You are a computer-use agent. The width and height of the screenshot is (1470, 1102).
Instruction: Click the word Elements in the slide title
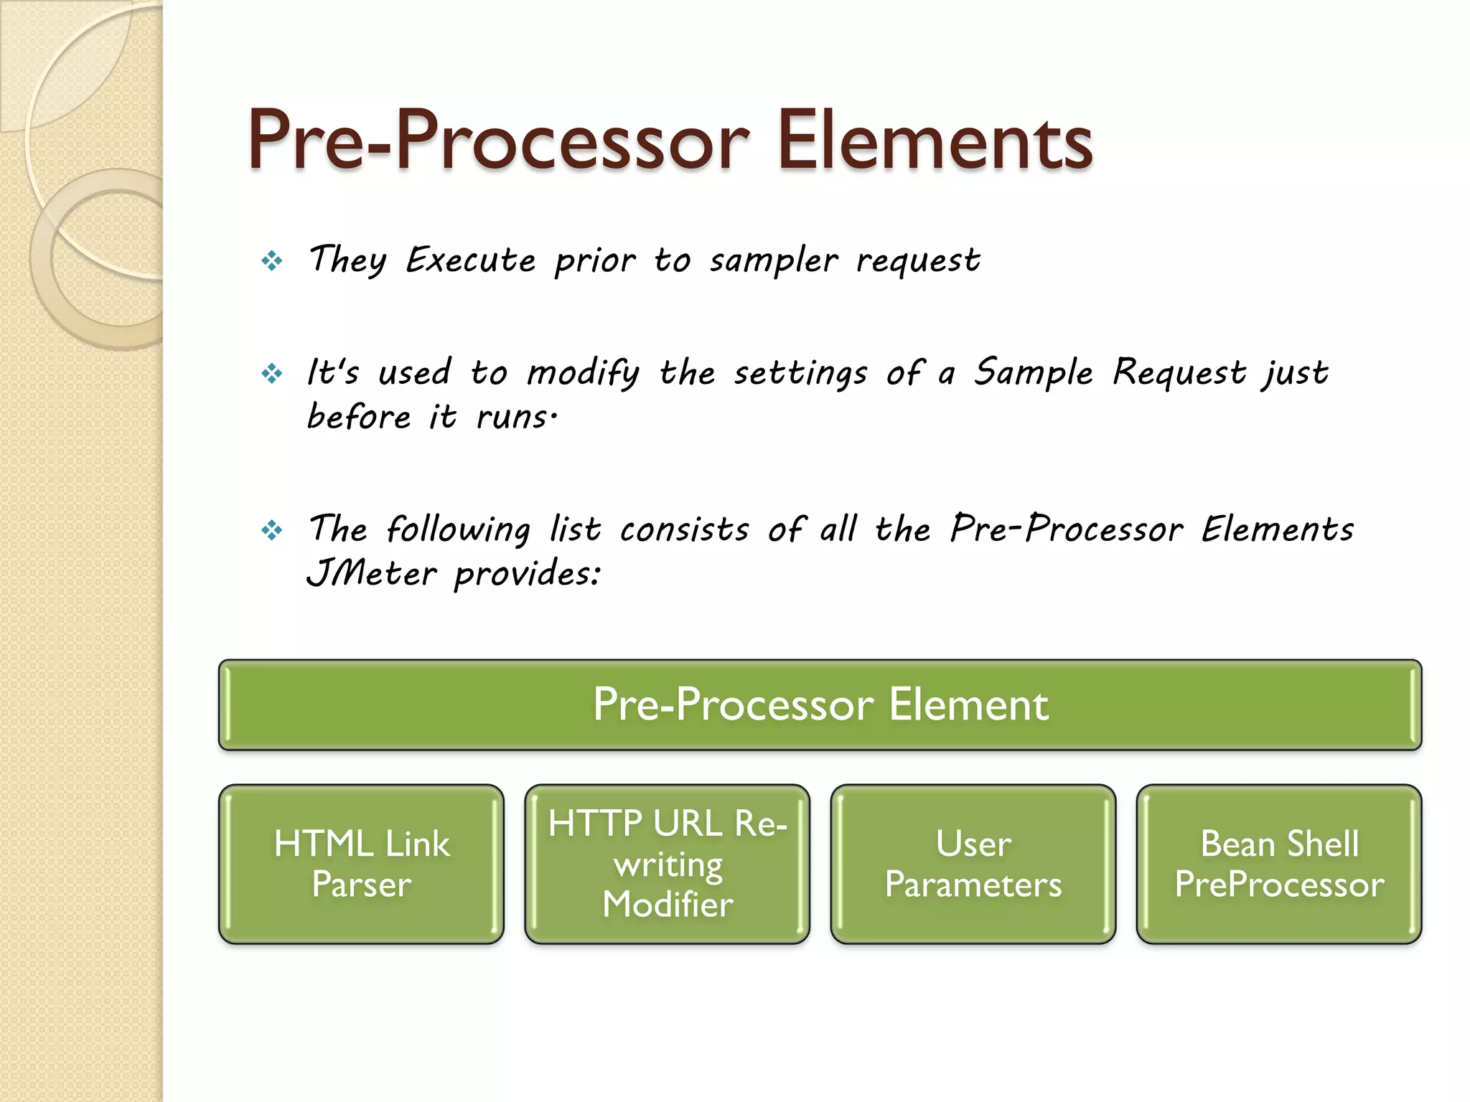point(935,141)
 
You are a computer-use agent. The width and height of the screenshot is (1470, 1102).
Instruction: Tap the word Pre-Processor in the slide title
point(499,141)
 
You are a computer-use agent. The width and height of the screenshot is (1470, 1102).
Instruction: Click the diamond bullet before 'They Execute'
point(272,260)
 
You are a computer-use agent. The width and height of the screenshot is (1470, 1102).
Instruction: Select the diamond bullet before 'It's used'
point(272,373)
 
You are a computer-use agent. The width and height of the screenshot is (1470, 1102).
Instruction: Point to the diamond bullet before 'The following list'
point(272,531)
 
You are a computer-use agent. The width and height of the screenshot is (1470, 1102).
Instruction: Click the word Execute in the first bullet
point(471,260)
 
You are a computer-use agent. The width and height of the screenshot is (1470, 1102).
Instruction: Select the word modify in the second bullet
point(583,374)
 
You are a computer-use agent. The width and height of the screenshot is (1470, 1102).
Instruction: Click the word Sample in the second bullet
point(1033,373)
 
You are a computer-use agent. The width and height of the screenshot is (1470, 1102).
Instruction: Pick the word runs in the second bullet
point(513,417)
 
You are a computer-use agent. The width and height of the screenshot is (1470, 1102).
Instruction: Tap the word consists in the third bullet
point(685,530)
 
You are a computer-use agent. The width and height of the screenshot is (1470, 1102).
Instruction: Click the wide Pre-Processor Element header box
point(820,705)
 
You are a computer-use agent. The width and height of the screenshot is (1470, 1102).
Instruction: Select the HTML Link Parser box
point(361,864)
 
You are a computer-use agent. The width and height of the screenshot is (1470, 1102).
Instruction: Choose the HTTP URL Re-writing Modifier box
point(667,864)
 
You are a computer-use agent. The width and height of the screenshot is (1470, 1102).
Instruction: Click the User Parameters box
point(973,864)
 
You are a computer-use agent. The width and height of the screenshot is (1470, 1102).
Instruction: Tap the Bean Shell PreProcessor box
point(1278,864)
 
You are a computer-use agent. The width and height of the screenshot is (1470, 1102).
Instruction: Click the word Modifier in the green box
point(668,904)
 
